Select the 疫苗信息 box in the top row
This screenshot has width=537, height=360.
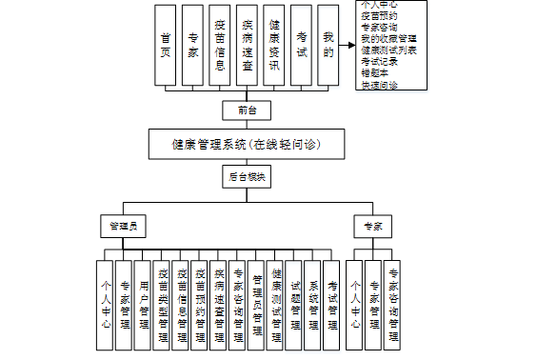point(220,45)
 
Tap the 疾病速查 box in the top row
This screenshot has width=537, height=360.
point(248,45)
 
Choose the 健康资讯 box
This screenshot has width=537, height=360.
point(274,45)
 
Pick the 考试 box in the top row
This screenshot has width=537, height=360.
point(301,45)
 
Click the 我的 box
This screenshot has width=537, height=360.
point(328,45)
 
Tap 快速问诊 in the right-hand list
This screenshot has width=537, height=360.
point(379,85)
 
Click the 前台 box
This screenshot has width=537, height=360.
point(247,110)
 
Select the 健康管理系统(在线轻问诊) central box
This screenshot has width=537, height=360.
point(247,146)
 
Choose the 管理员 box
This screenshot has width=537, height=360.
point(124,227)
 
